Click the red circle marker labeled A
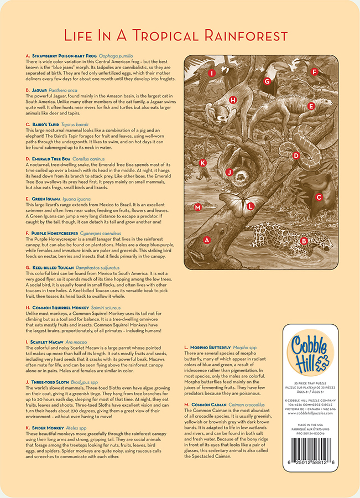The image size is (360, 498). [207, 240]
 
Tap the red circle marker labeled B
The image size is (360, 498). [304, 240]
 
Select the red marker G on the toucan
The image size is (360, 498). [267, 81]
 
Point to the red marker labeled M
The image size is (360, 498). [197, 207]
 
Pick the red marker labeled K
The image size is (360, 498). [203, 163]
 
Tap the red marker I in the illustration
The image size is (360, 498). [212, 72]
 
